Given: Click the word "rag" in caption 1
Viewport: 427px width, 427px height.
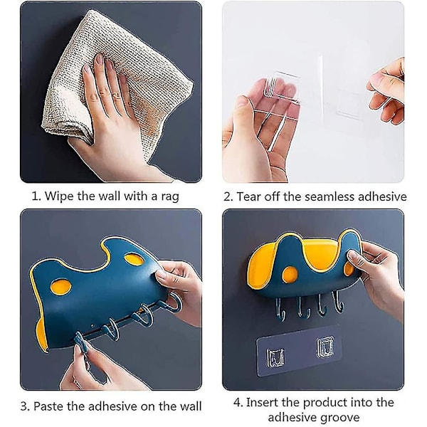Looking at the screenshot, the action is tap(170, 197).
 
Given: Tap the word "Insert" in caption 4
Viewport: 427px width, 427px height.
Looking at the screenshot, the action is tap(262, 403).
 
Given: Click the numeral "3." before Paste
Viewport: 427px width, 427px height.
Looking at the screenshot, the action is tap(25, 406).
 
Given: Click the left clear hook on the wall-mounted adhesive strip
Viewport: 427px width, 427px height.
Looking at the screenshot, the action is tap(275, 357).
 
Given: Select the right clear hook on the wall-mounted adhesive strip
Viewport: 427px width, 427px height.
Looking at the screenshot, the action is tap(325, 347).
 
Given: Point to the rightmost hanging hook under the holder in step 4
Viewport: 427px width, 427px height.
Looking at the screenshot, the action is tap(337, 302).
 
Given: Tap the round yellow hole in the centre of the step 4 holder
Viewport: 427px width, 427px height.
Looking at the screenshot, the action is tap(290, 275).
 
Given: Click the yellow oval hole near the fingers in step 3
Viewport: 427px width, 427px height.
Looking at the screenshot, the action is tap(134, 259).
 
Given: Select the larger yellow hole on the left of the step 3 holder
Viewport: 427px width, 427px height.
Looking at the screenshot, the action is tap(61, 288).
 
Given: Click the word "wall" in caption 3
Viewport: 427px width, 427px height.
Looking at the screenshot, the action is tap(191, 406).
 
